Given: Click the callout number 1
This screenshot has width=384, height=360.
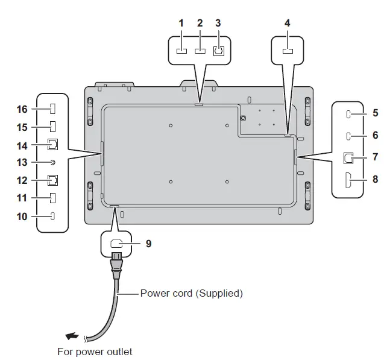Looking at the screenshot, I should click(x=181, y=23).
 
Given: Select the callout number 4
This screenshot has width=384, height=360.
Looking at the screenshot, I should click(x=288, y=23).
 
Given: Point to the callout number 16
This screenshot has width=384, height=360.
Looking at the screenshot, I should click(x=22, y=109).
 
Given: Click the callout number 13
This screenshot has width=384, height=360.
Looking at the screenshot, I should click(x=22, y=162).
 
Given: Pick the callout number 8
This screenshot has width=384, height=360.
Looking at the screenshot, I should click(x=375, y=178).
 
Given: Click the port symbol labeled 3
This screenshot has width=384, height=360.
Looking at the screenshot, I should click(x=219, y=51).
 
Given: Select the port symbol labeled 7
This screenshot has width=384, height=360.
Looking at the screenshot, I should click(x=349, y=158).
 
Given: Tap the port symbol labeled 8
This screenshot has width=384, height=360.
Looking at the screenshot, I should click(x=350, y=179).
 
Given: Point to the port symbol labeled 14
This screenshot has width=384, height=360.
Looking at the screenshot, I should click(x=53, y=145).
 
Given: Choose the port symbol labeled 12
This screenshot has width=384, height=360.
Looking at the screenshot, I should click(x=53, y=180).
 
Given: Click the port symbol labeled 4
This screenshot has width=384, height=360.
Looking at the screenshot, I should click(x=288, y=52).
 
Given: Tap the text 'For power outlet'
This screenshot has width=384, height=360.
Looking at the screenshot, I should click(x=95, y=351).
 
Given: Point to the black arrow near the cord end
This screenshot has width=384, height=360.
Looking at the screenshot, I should click(x=71, y=335).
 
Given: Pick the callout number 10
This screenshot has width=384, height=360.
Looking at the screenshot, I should click(x=22, y=216).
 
